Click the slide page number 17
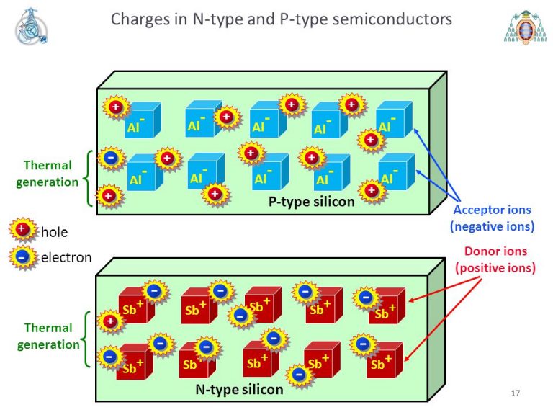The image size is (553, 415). (515, 393)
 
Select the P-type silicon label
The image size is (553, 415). (312, 202)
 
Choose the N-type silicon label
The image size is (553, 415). (240, 390)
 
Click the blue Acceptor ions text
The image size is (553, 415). (492, 210)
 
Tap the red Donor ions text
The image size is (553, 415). (495, 252)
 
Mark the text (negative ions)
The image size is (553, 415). (492, 226)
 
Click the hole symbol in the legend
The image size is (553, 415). (22, 230)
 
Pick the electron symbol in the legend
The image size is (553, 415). (22, 256)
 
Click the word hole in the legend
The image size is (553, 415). (54, 231)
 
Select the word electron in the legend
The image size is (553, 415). (66, 256)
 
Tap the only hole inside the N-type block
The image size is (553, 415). (110, 321)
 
